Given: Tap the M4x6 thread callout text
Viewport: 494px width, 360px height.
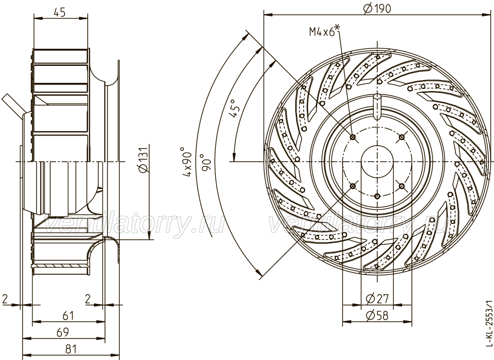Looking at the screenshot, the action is pyautogui.click(x=324, y=31).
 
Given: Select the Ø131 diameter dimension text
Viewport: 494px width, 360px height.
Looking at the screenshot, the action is pyautogui.click(x=143, y=160).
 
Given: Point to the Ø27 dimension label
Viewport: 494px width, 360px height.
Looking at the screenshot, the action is pyautogui.click(x=377, y=298).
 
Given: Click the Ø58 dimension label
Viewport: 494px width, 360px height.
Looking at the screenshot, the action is pyautogui.click(x=377, y=316).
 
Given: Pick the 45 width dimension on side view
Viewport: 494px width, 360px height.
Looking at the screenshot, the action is pyautogui.click(x=59, y=12).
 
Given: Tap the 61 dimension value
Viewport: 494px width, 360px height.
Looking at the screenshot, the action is pyautogui.click(x=68, y=316).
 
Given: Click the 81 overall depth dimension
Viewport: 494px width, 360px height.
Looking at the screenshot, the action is pyautogui.click(x=71, y=349).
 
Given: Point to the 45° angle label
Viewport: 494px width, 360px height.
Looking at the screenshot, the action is pyautogui.click(x=234, y=109).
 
